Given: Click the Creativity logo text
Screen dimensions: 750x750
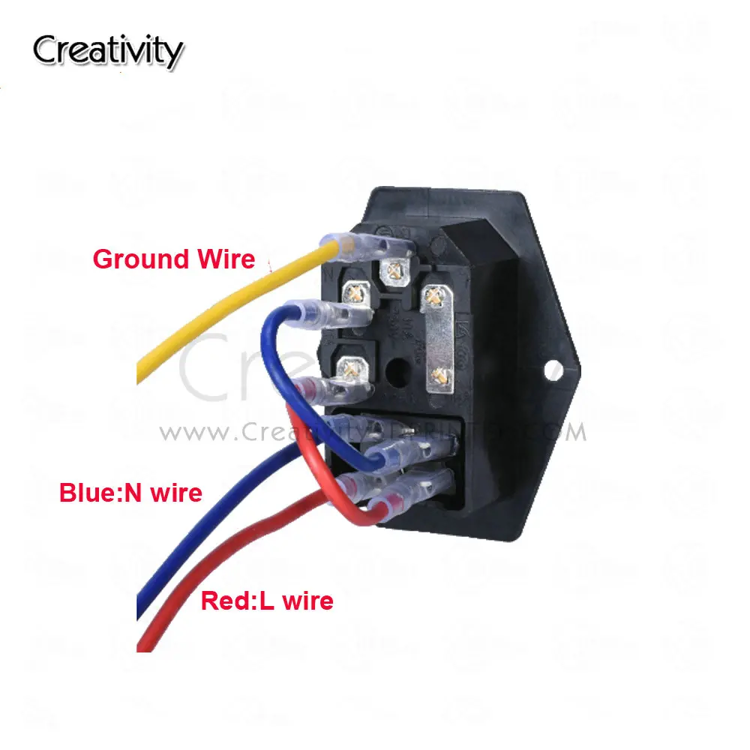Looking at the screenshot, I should (x=107, y=52).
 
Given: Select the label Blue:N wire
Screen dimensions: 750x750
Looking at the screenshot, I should (x=130, y=493).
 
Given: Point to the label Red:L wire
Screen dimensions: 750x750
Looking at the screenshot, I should (x=267, y=600).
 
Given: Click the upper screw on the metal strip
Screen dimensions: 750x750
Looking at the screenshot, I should (x=432, y=298).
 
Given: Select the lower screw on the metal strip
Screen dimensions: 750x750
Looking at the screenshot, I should (x=437, y=376).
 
